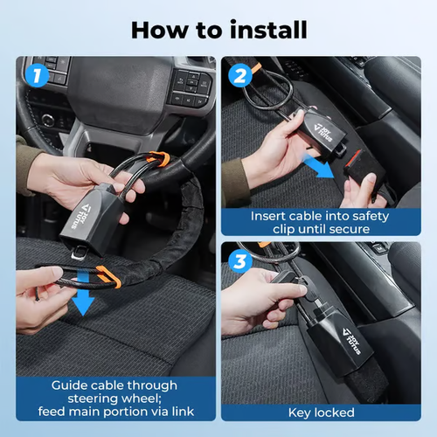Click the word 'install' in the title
pos(261,29)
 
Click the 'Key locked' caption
pos(321,412)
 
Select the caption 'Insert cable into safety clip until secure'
pos(321,222)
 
